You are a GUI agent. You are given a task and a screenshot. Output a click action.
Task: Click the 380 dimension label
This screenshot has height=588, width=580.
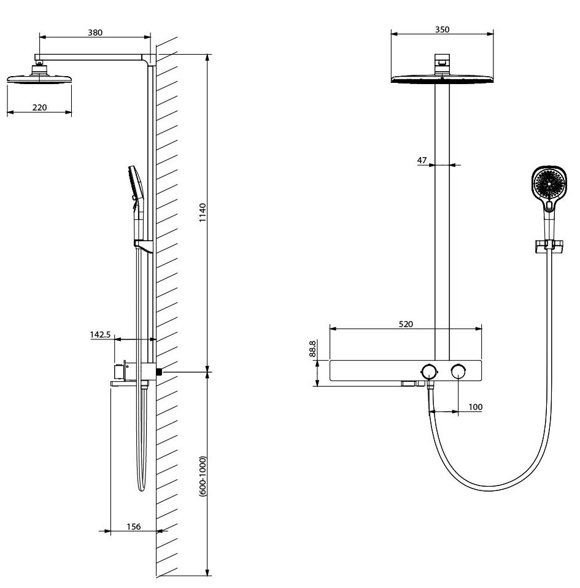point(95,33)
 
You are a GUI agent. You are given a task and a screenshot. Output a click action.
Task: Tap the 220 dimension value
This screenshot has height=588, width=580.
point(40,107)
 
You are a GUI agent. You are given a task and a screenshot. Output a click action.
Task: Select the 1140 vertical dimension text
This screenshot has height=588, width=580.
point(203,212)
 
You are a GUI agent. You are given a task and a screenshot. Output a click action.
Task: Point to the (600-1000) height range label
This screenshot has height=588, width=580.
point(203,477)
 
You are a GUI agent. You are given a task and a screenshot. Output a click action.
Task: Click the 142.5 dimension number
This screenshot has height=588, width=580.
point(100,335)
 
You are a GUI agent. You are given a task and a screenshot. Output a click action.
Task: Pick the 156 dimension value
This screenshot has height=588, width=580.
point(133,527)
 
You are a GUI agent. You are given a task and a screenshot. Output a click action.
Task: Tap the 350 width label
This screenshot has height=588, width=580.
point(443,29)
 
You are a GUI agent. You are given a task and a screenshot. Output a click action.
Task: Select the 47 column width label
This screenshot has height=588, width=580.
point(422,160)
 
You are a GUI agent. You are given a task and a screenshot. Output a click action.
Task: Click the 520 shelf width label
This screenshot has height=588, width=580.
point(406,324)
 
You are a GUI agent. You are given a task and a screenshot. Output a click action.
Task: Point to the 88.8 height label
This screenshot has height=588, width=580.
point(312,349)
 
